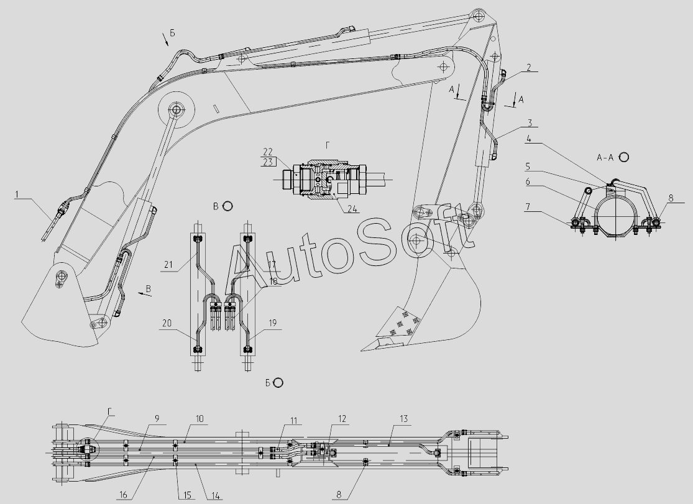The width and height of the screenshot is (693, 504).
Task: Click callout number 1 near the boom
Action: [19, 194]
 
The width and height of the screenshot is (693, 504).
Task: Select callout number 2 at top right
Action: [528, 68]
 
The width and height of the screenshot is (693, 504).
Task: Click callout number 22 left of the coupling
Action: [268, 152]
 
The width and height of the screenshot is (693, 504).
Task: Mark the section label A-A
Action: [605, 157]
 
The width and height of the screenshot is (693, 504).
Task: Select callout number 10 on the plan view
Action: [200, 419]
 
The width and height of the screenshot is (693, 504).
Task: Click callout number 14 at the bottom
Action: [214, 495]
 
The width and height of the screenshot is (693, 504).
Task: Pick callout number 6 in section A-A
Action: [528, 182]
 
